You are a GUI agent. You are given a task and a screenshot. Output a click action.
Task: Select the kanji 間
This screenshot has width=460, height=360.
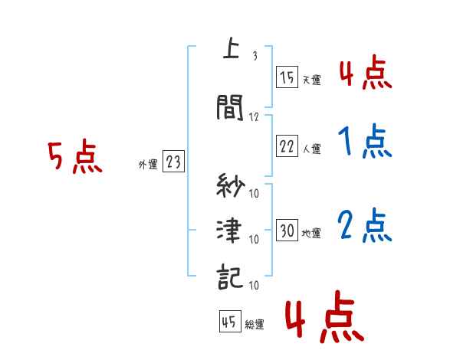[231, 108]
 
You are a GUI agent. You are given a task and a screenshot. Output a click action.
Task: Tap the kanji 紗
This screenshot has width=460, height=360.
[231, 186]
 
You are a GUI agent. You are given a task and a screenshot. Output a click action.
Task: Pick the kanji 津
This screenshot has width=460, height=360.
[231, 231]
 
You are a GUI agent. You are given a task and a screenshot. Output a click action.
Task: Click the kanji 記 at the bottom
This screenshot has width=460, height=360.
[231, 277]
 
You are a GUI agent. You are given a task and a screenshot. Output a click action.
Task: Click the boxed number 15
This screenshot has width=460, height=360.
[287, 77]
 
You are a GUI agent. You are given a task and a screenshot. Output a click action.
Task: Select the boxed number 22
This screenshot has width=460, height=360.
[287, 146]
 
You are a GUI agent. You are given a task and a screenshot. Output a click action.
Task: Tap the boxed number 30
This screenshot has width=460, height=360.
[287, 231]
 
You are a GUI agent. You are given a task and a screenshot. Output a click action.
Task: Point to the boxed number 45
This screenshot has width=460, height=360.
[229, 321]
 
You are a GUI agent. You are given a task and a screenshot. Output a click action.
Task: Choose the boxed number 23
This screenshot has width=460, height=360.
[173, 162]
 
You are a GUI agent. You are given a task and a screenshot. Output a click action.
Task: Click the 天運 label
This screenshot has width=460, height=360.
[311, 80]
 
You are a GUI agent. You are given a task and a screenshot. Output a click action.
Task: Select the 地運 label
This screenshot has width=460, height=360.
[311, 233]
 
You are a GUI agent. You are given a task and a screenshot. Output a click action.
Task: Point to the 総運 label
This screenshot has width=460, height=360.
[255, 324]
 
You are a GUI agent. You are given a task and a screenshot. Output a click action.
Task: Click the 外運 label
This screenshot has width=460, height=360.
[147, 164]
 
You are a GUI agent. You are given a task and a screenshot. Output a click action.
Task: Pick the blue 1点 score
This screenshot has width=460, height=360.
[364, 141]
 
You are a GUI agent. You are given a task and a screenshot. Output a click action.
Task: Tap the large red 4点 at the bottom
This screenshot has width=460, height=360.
[323, 320]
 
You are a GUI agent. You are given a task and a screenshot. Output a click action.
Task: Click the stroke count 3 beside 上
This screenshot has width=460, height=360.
[254, 56]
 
